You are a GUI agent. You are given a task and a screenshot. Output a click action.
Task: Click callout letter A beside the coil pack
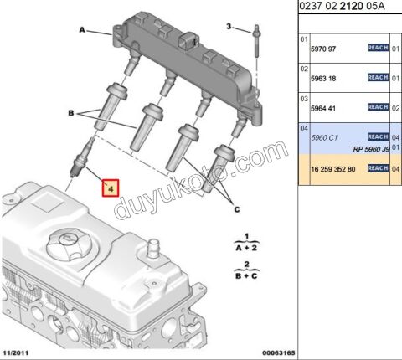tap(83, 30)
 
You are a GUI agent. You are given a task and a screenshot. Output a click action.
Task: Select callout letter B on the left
tap(70, 111)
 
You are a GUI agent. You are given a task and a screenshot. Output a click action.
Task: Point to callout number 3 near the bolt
tap(228, 27)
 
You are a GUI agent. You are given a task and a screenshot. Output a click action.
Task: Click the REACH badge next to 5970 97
tap(378, 48)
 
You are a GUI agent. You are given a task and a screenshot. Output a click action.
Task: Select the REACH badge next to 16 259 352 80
tap(378, 168)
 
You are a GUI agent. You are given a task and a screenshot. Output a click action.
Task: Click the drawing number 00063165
tap(267, 353)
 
